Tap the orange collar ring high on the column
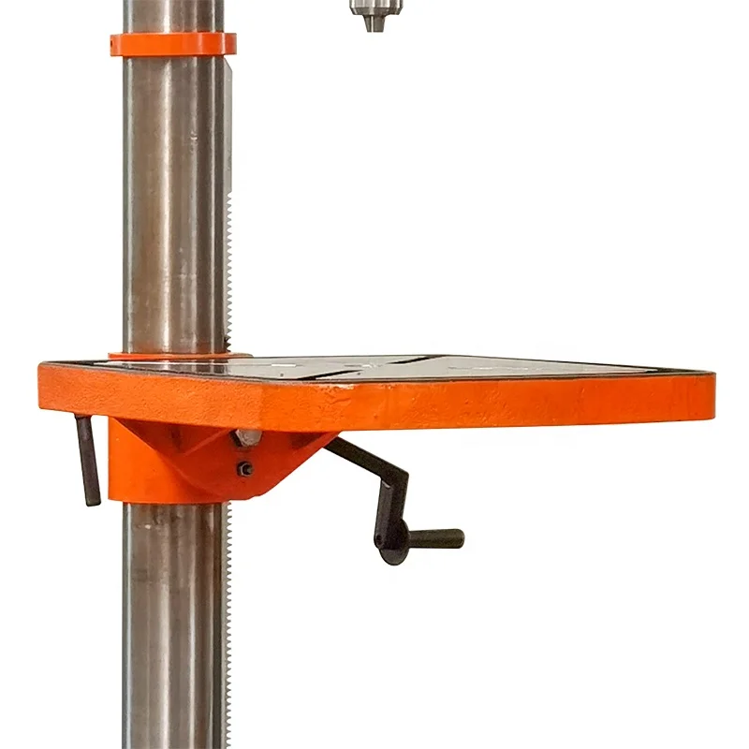click(x=173, y=44)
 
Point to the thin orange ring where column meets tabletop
click(x=178, y=355)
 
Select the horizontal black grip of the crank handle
click(x=434, y=538)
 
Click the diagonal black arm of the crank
click(x=370, y=468)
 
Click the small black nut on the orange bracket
click(x=245, y=469)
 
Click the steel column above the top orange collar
click(x=173, y=15)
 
